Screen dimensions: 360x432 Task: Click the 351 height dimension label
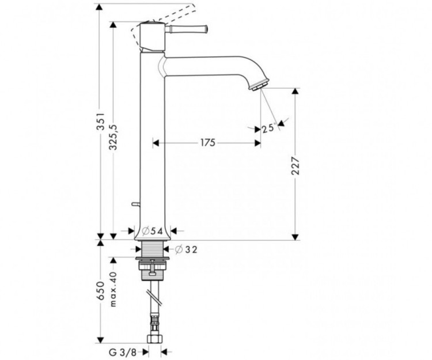pos(102,123)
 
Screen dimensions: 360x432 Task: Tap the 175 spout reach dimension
pos(207,142)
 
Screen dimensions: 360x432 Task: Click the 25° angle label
pos(267,128)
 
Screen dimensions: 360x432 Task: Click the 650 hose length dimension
pos(101,294)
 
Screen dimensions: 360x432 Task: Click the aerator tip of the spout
pos(257,85)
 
